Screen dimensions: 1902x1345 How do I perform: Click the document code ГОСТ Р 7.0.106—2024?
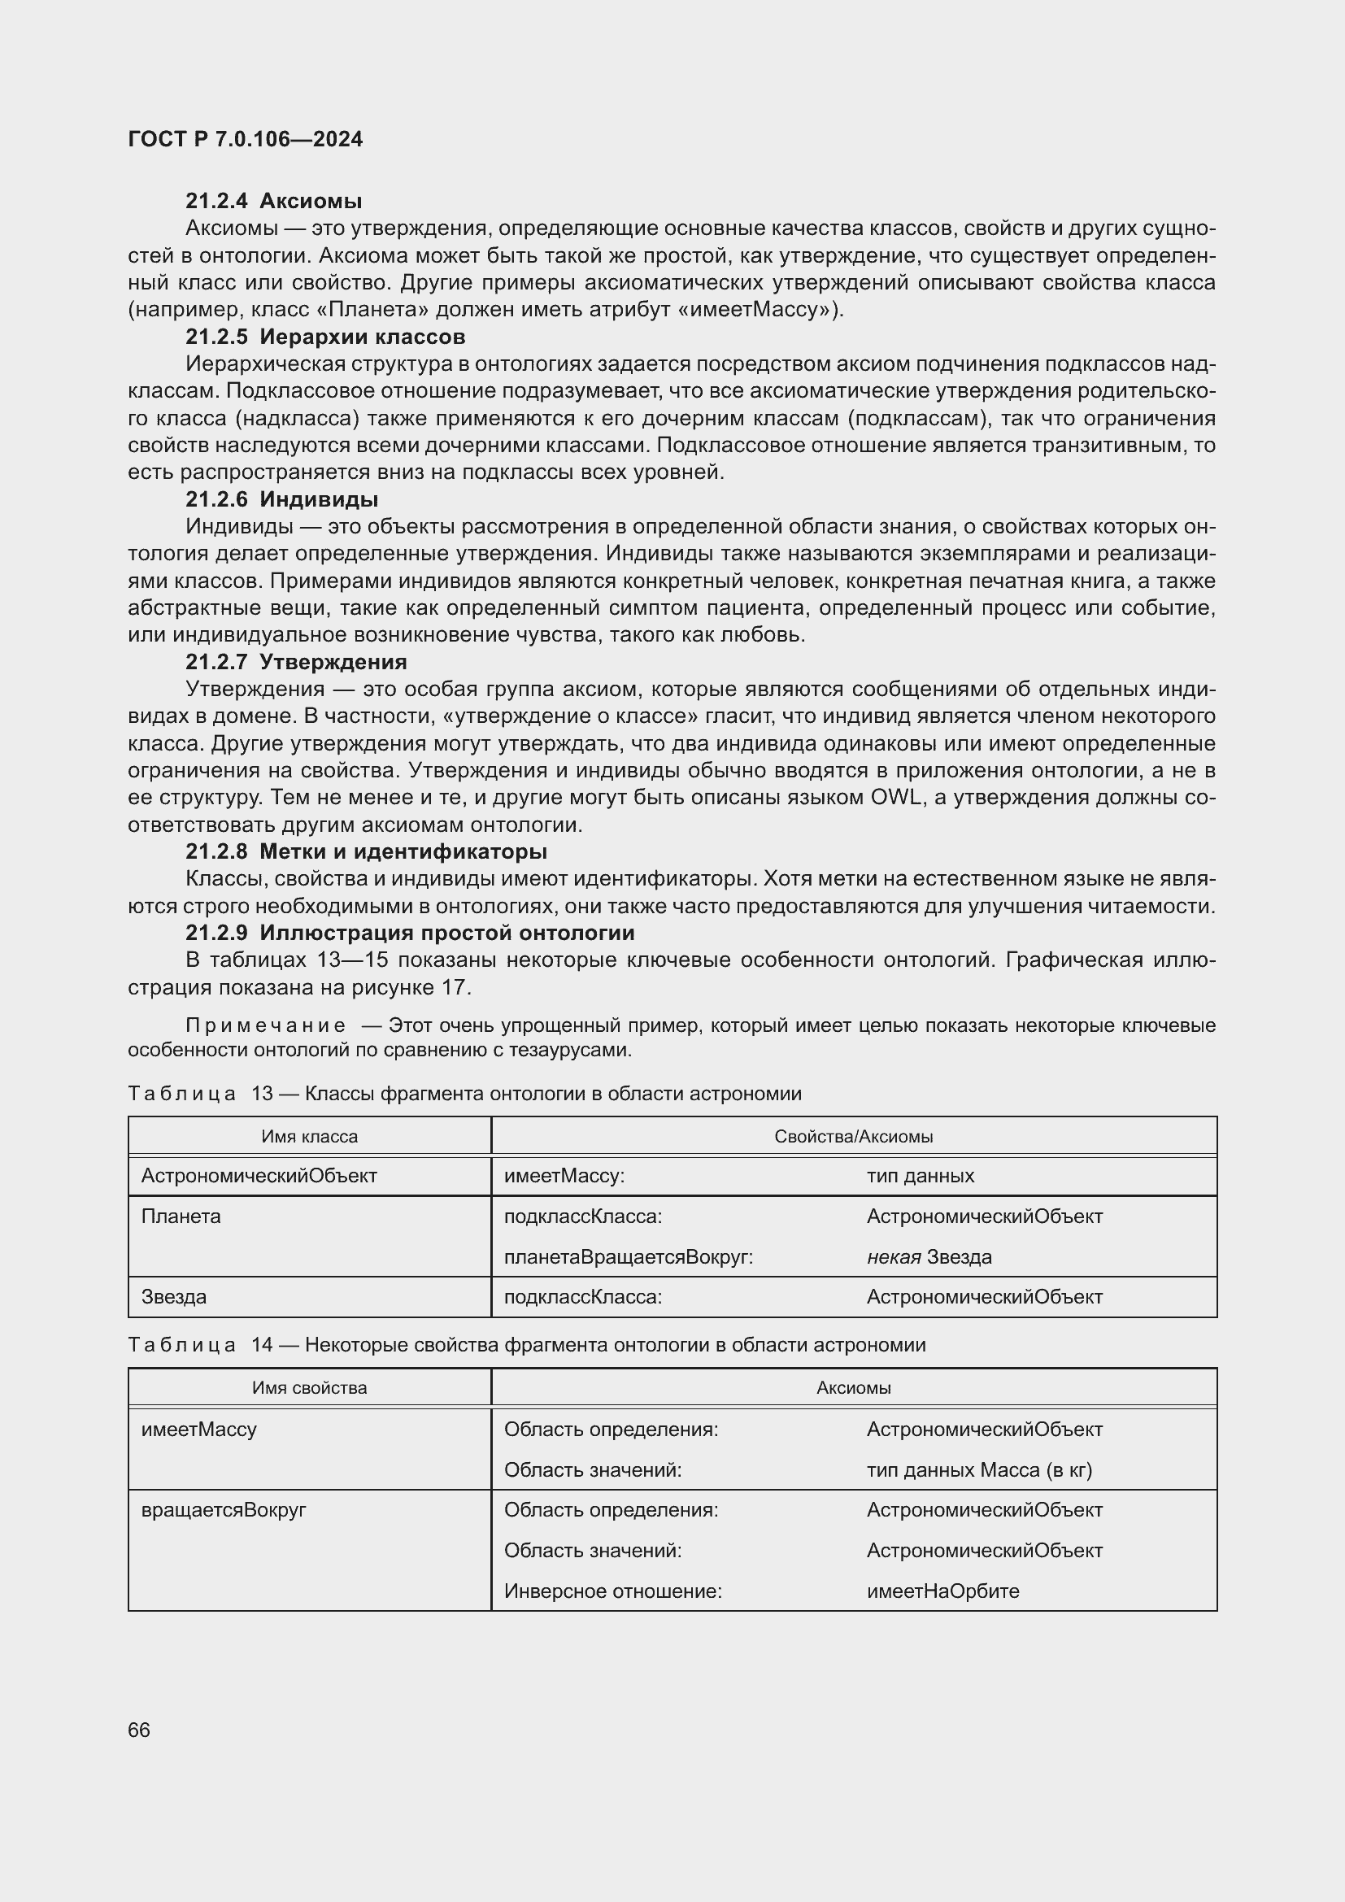click(x=245, y=139)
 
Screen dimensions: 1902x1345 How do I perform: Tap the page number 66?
click(x=139, y=1730)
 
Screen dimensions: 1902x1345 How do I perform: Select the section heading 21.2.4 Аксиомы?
click(x=273, y=202)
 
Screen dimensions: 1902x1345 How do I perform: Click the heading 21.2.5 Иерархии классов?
click(x=324, y=337)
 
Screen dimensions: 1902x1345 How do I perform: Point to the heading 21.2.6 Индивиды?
click(x=281, y=499)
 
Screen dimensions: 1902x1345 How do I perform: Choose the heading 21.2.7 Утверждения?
click(x=296, y=662)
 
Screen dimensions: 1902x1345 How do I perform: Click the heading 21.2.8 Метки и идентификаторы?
click(x=366, y=851)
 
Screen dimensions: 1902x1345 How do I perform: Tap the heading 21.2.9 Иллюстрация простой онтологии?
click(x=410, y=933)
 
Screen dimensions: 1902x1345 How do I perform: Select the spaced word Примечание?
click(x=266, y=1025)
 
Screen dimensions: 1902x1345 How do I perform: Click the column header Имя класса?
click(x=310, y=1137)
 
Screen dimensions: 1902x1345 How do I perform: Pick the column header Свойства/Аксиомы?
click(x=853, y=1137)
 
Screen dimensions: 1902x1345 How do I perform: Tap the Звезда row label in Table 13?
click(x=174, y=1296)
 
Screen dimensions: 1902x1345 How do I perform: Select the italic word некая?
click(x=894, y=1256)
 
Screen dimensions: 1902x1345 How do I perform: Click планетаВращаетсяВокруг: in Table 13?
click(x=628, y=1256)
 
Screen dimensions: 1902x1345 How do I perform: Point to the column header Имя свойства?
click(x=310, y=1387)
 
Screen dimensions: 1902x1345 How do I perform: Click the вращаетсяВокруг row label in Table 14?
click(x=224, y=1509)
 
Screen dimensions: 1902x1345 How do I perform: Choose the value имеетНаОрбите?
click(x=942, y=1591)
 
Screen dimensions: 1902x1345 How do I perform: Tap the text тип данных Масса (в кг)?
click(x=979, y=1469)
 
